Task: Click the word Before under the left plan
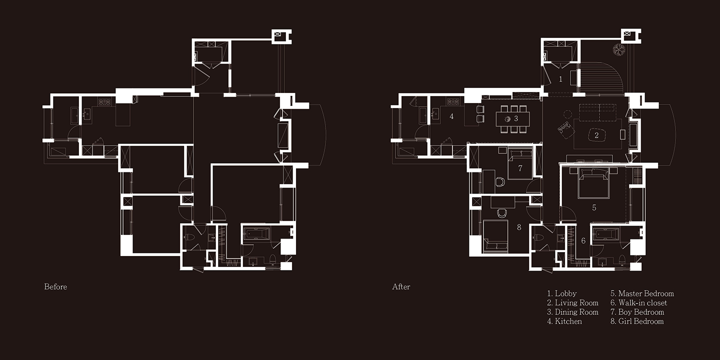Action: (x=55, y=286)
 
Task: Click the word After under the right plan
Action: (x=401, y=286)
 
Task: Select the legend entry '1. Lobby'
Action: (x=562, y=293)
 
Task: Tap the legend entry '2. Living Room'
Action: (x=573, y=303)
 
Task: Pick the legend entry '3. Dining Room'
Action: (x=573, y=312)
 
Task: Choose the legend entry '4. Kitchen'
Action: (x=564, y=321)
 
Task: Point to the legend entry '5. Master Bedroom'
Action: (x=642, y=293)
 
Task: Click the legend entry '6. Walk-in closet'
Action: (x=638, y=303)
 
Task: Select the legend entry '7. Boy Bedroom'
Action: (x=637, y=312)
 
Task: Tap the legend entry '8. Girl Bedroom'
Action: (x=637, y=321)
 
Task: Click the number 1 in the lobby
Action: (x=560, y=79)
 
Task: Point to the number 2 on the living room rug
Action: (x=596, y=135)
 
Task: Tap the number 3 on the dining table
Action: (x=516, y=118)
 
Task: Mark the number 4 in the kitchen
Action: (x=451, y=116)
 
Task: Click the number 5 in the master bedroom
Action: (x=594, y=207)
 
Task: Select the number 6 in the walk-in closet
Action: (x=583, y=240)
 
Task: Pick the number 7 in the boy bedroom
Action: (x=520, y=168)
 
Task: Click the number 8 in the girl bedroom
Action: (x=519, y=227)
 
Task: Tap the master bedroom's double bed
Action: (x=593, y=182)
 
